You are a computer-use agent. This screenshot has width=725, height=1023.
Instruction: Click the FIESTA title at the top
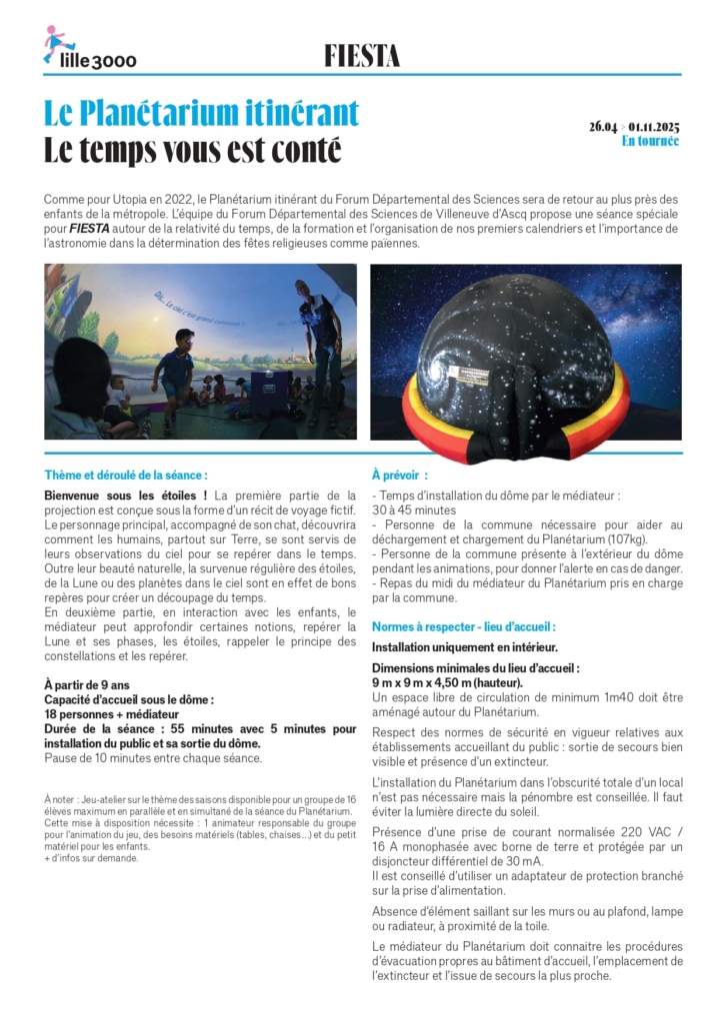[362, 57]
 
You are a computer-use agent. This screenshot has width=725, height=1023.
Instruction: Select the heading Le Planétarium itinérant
[201, 113]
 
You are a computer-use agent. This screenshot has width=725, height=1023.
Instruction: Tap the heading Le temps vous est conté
[192, 150]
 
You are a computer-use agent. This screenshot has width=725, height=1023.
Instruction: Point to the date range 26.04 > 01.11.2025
[633, 126]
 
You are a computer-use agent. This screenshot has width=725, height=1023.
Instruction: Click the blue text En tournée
[650, 141]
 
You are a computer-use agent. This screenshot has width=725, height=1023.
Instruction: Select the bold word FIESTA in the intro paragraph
[89, 230]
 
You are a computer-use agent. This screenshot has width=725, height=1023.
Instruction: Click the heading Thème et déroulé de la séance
[126, 476]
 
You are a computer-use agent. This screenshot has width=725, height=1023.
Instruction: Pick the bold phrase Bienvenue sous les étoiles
[125, 496]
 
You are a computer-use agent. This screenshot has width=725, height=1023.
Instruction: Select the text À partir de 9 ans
[87, 684]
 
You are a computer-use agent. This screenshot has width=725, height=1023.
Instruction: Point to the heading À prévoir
[399, 476]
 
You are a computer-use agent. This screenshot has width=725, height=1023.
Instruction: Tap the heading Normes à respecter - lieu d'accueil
[463, 626]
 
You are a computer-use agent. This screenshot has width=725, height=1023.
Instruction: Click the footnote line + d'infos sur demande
[92, 857]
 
